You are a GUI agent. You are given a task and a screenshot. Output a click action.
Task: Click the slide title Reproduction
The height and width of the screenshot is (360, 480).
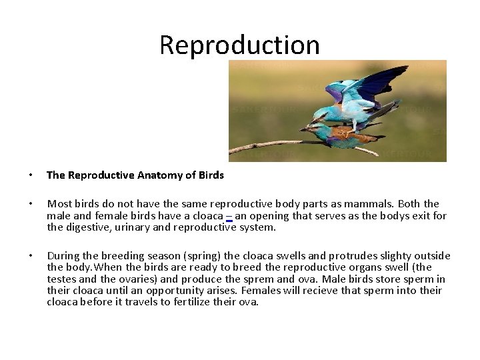pos(239,45)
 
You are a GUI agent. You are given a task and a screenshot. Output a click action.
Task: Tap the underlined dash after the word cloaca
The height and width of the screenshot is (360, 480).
pos(229,216)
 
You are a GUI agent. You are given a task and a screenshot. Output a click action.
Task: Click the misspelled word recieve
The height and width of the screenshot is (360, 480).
pos(304,291)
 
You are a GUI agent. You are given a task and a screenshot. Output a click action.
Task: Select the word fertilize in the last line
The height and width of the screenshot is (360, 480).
pos(189,302)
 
